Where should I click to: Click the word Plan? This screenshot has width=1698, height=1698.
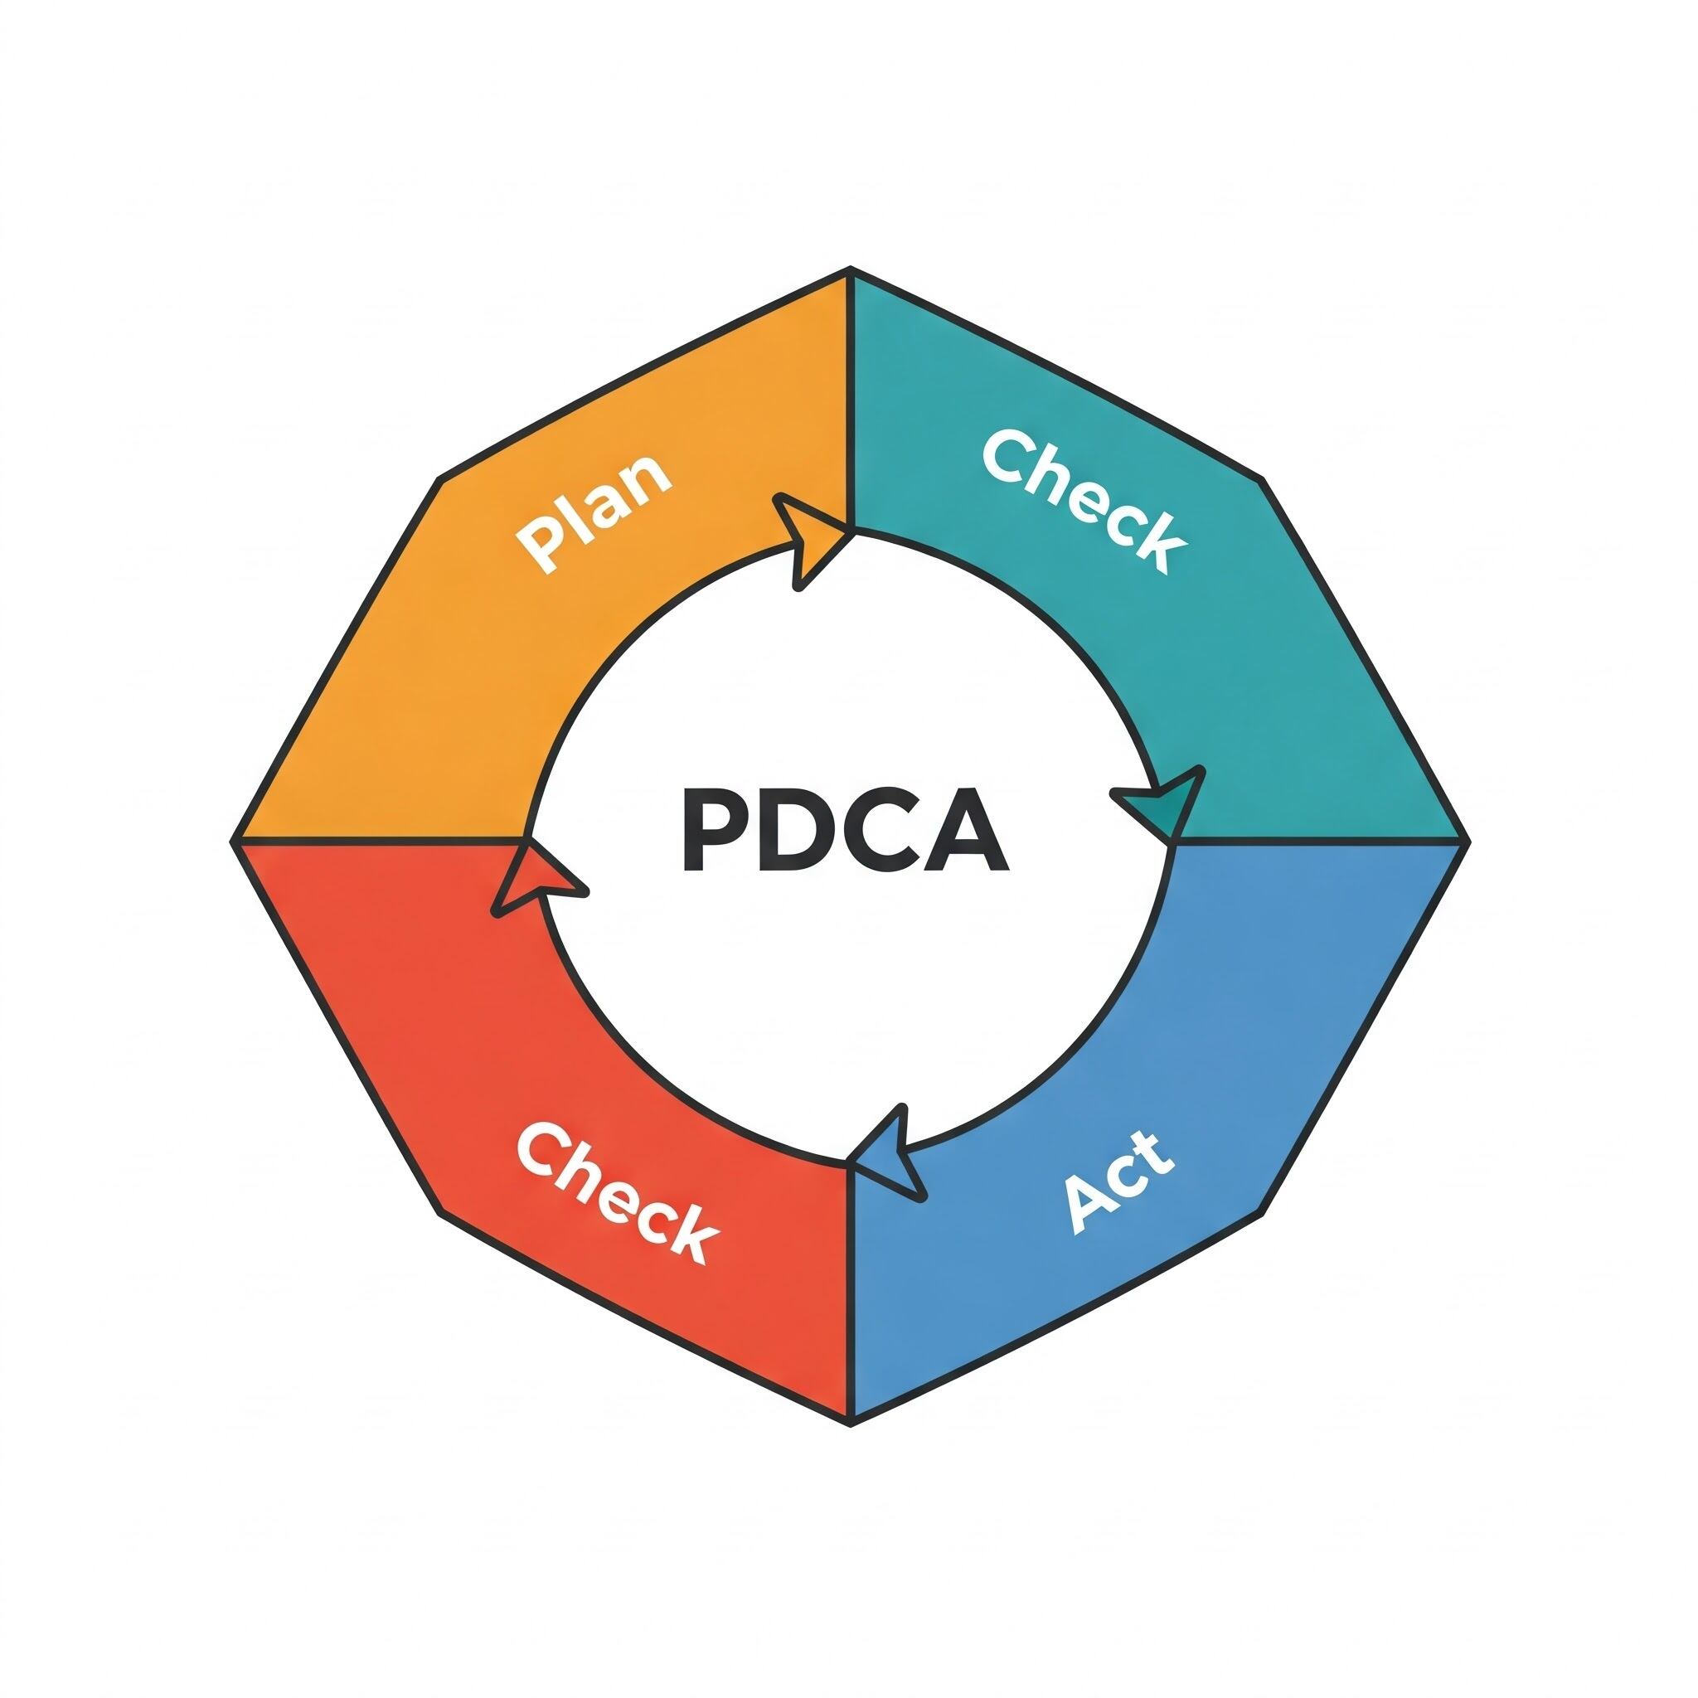594,513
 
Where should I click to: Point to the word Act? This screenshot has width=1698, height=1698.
1118,1182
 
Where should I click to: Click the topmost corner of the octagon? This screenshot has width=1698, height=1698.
850,268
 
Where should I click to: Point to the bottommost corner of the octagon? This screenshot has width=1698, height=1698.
850,1424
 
